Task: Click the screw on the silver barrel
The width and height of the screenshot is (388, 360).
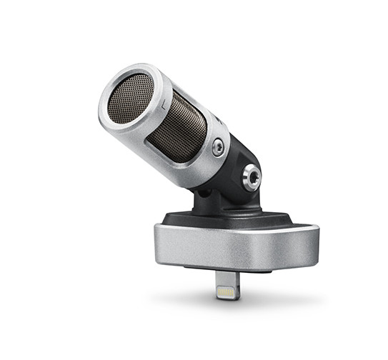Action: tap(217, 148)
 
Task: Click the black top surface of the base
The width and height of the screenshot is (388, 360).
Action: tap(236, 217)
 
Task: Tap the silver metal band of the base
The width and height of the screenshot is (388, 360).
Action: tap(236, 246)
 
